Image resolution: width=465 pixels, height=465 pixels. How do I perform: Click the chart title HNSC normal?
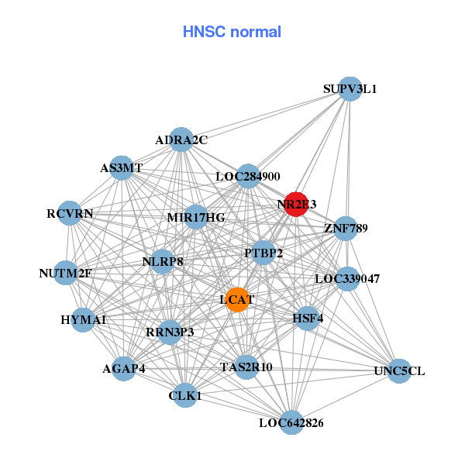tap(232, 32)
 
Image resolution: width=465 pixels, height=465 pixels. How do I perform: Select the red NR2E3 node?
tap(296, 204)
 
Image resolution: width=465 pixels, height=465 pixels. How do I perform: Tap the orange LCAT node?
tap(237, 300)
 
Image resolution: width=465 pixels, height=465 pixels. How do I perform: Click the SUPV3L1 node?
tap(350, 89)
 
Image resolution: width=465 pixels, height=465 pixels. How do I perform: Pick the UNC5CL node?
tap(399, 371)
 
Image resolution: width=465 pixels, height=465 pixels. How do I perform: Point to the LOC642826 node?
tap(291, 422)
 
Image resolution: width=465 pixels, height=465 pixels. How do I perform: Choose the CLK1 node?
tap(185, 395)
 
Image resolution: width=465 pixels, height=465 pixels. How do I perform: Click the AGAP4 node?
tap(124, 368)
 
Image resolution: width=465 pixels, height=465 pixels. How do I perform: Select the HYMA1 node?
tap(84, 319)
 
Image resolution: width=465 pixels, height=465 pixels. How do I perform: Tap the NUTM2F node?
tap(66, 273)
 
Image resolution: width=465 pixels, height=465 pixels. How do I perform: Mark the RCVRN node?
tap(70, 213)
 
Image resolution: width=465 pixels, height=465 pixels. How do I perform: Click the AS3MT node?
tap(122, 167)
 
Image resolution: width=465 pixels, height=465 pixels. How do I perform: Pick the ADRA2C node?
tap(181, 140)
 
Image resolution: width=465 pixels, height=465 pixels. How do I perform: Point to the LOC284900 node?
tap(248, 177)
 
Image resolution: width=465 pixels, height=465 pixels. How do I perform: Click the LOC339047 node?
tap(347, 278)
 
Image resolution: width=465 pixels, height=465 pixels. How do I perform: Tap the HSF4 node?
tap(308, 318)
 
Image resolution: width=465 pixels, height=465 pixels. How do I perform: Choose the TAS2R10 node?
tap(246, 367)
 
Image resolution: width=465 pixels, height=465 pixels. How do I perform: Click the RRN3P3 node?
tap(170, 332)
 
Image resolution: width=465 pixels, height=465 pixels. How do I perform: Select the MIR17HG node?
tap(196, 218)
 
